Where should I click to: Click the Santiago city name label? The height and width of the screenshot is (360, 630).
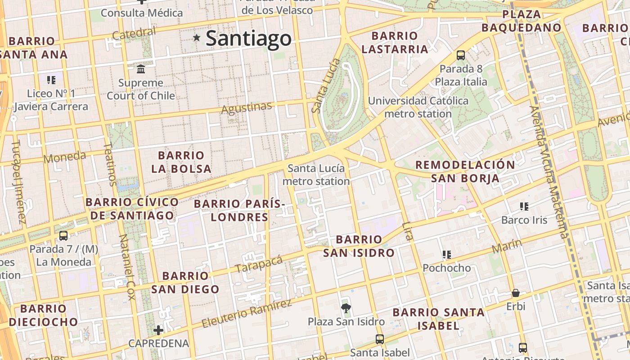(248, 38)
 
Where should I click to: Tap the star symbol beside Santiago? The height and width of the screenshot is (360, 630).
(197, 38)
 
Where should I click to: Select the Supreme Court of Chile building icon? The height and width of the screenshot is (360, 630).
(141, 69)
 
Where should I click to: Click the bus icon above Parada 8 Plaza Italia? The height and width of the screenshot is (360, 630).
(461, 55)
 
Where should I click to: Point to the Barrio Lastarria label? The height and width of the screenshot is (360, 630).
(395, 42)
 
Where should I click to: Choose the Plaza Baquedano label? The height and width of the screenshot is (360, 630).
(522, 21)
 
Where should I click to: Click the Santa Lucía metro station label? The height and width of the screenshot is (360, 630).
(316, 175)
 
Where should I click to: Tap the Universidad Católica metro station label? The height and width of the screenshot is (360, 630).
(418, 107)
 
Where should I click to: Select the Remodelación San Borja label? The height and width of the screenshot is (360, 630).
(465, 171)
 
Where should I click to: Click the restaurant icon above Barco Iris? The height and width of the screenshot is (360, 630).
(524, 207)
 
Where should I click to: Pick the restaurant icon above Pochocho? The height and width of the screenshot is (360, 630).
(447, 255)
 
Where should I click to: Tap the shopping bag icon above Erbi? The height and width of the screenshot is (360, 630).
(516, 293)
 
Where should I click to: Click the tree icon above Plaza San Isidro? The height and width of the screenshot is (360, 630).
(346, 308)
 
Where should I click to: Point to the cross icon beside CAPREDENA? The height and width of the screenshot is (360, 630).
(158, 330)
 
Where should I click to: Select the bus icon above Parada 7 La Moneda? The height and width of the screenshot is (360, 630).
(63, 235)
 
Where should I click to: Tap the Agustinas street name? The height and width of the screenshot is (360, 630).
(247, 108)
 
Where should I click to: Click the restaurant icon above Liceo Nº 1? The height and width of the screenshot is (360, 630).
(51, 80)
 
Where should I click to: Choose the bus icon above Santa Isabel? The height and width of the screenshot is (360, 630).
(380, 339)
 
